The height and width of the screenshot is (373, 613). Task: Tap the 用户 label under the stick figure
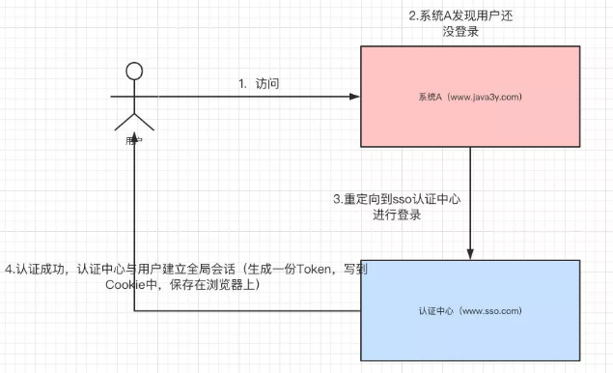point(134,140)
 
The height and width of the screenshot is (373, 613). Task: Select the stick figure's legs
point(135,120)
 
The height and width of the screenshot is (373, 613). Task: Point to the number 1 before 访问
point(243,84)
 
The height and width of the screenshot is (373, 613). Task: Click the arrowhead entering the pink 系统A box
point(353,97)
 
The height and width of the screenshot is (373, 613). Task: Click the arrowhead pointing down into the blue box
point(470,253)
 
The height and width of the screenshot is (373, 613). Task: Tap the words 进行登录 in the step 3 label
point(399,215)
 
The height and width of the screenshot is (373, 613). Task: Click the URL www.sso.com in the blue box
point(492,312)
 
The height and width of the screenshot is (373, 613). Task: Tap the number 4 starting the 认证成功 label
point(9,269)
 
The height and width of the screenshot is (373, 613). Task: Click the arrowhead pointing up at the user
point(135,155)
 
